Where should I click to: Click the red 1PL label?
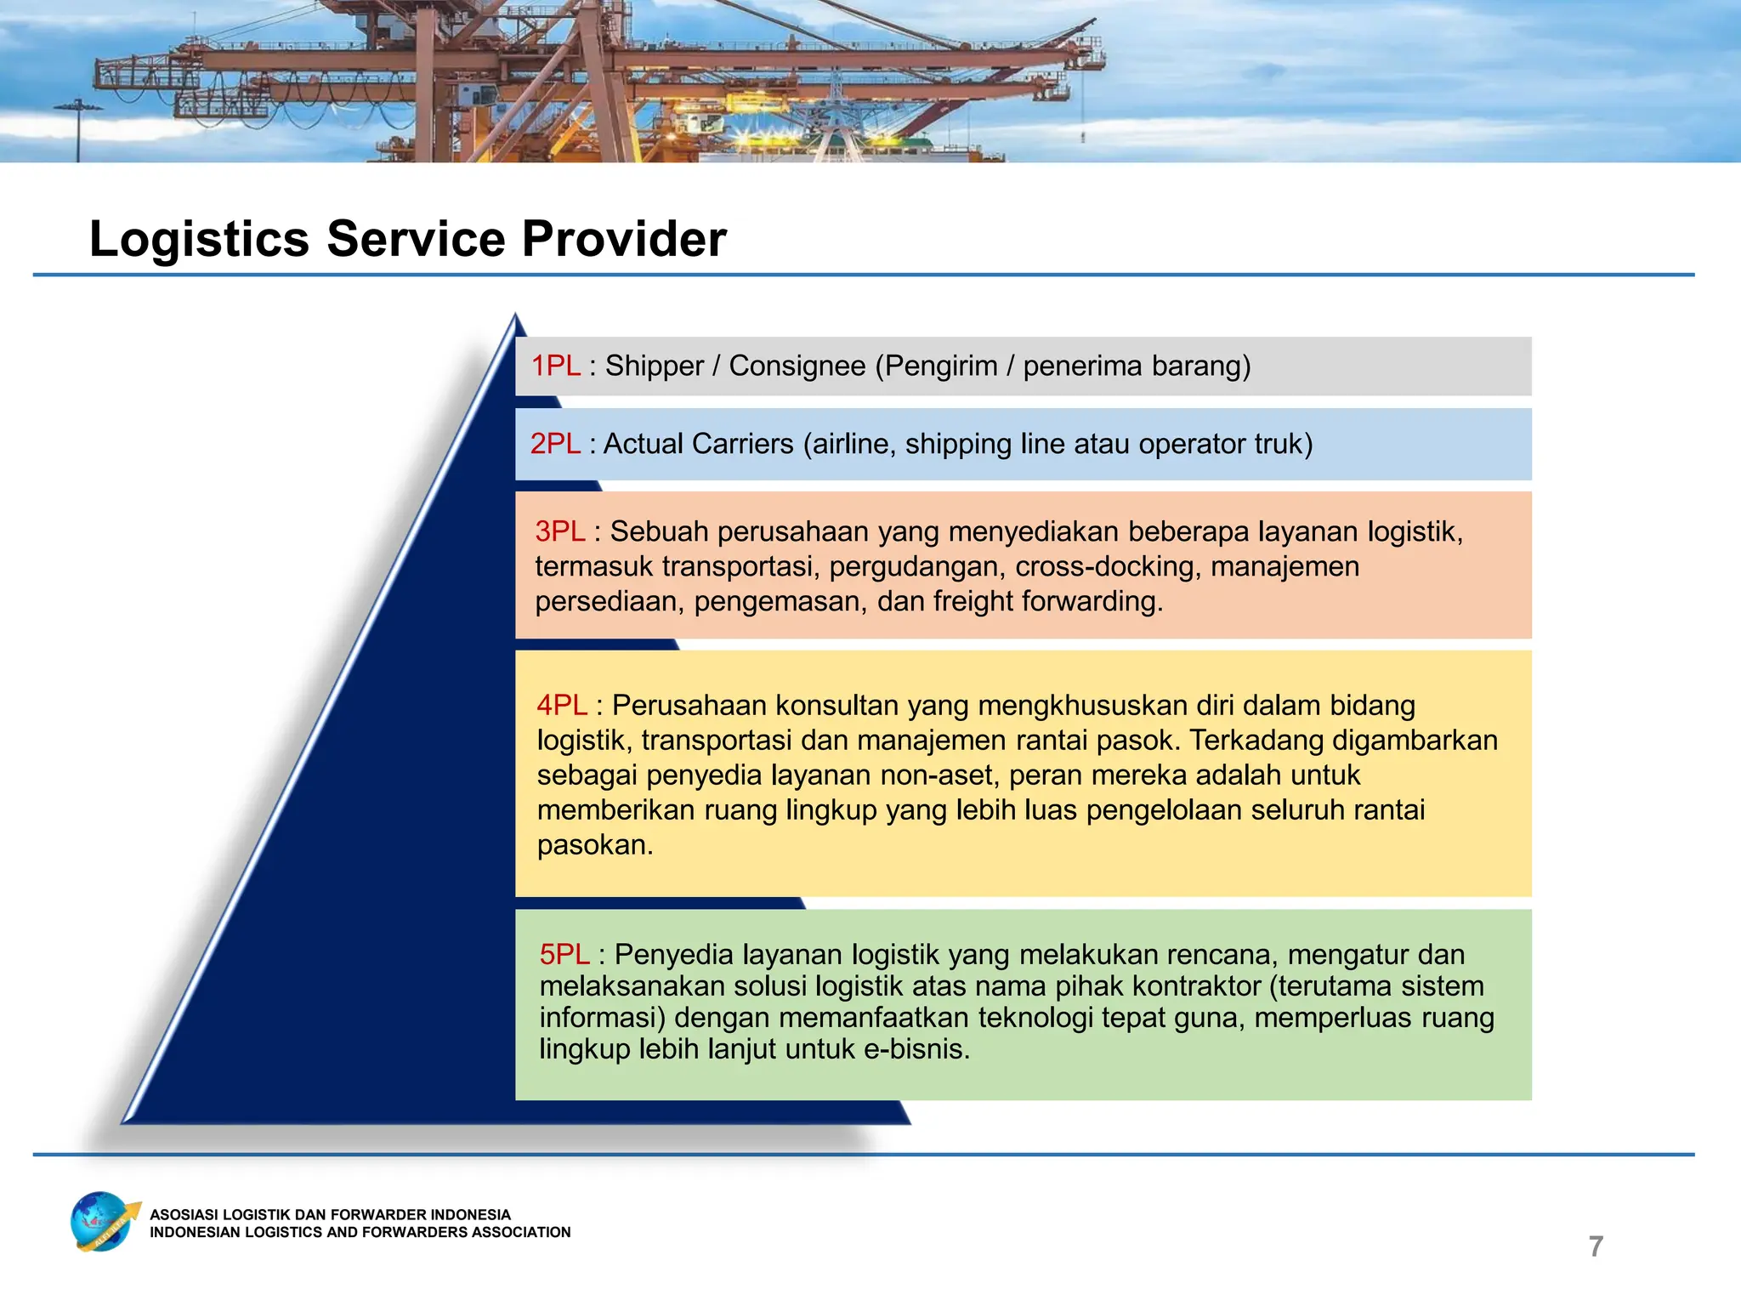tap(556, 366)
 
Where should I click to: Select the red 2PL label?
tap(555, 444)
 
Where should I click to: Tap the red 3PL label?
tap(559, 531)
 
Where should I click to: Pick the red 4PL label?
tap(561, 706)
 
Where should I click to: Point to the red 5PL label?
tap(564, 955)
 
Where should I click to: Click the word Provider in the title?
tap(624, 239)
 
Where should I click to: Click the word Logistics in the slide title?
tap(199, 239)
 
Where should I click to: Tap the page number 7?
tap(1596, 1246)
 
